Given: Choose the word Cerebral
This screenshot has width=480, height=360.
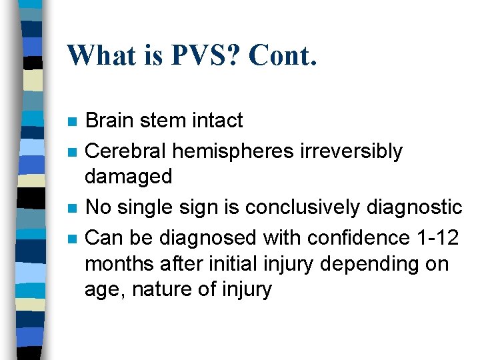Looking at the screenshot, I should [x=126, y=151].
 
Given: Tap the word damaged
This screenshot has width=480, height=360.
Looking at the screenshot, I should [x=129, y=177].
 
